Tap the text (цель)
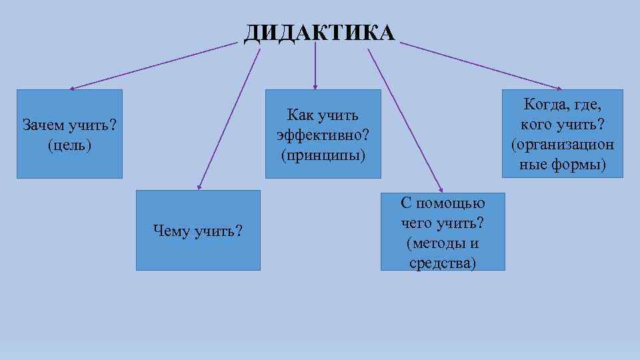pyautogui.click(x=69, y=144)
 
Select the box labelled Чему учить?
pyautogui.click(x=198, y=231)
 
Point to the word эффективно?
pyautogui.click(x=323, y=135)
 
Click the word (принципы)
pyautogui.click(x=323, y=155)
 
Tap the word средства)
pyautogui.click(x=443, y=263)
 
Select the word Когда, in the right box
pyautogui.click(x=545, y=104)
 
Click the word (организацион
pyautogui.click(x=563, y=144)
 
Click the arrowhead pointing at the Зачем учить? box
pyautogui.click(x=72, y=87)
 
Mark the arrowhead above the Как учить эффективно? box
pyautogui.click(x=315, y=86)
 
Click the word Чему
pyautogui.click(x=171, y=231)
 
